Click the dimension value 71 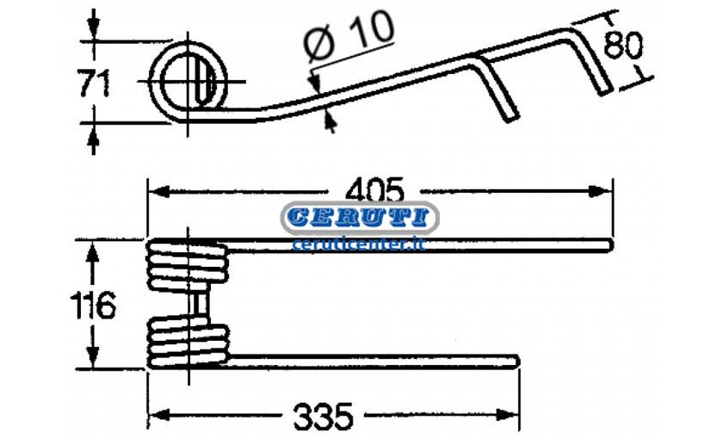(94, 83)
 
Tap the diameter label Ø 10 (349, 36)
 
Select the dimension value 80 (622, 45)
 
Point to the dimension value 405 (374, 190)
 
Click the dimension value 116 (93, 306)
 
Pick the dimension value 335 (323, 417)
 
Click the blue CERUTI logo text (360, 218)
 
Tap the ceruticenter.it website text (359, 244)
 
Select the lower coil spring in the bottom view (188, 343)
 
